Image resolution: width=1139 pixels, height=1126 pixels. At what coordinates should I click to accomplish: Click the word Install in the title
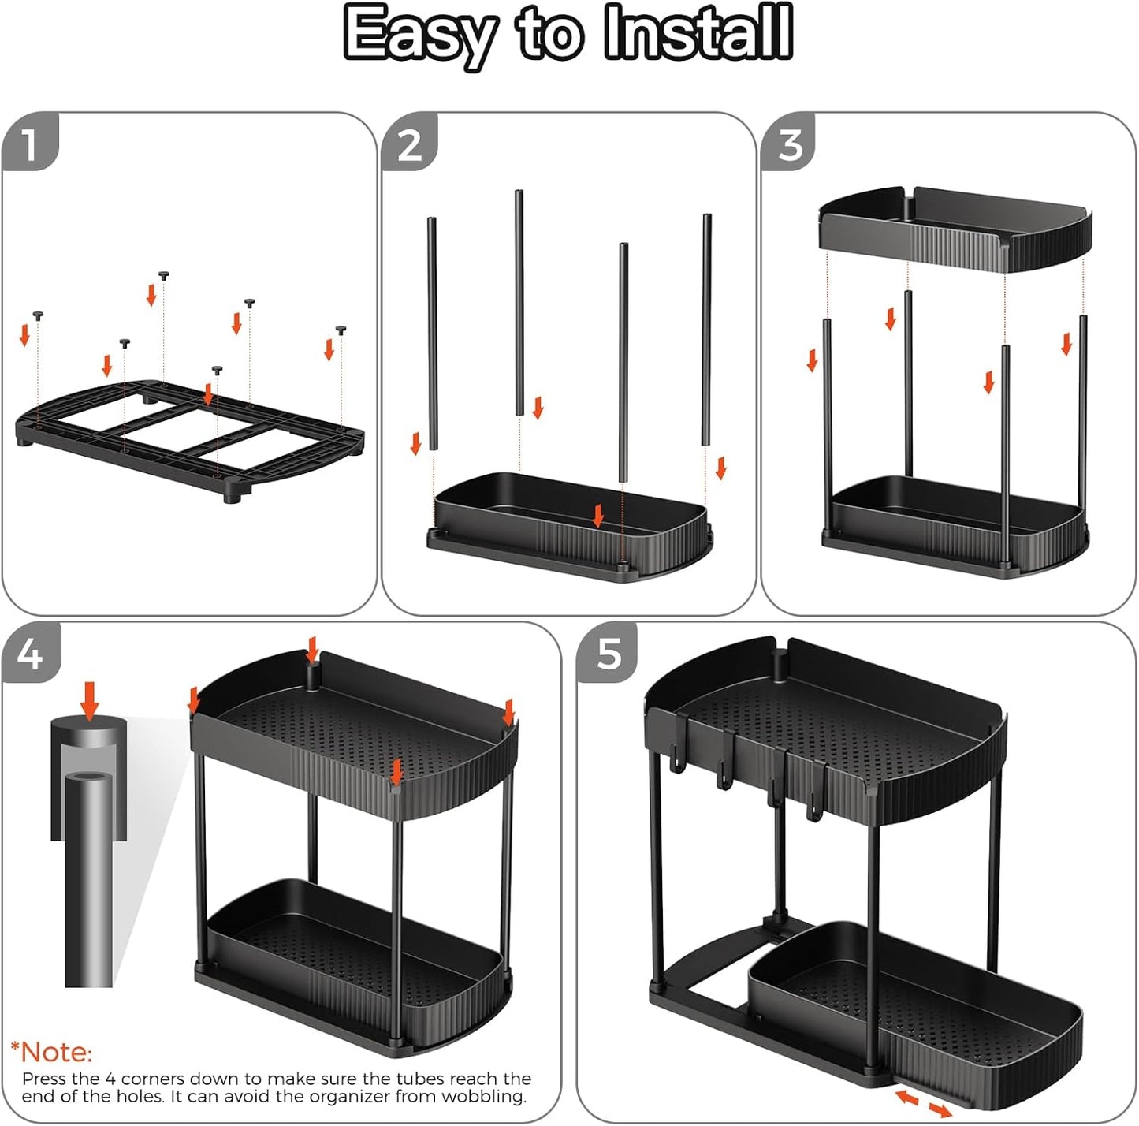pos(698,33)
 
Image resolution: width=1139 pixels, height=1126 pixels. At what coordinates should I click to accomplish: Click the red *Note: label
pos(51,1052)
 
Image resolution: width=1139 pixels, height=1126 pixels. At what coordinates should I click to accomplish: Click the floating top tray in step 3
pos(954,226)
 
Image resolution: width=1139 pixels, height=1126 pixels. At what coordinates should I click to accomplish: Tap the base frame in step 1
pos(189,438)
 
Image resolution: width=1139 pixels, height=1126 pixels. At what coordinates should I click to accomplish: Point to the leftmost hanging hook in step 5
pos(675,761)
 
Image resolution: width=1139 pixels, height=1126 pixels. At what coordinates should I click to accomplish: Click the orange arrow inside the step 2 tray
pos(598,516)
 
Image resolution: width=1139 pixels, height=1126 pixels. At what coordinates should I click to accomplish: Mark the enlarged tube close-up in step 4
pos(88,852)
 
